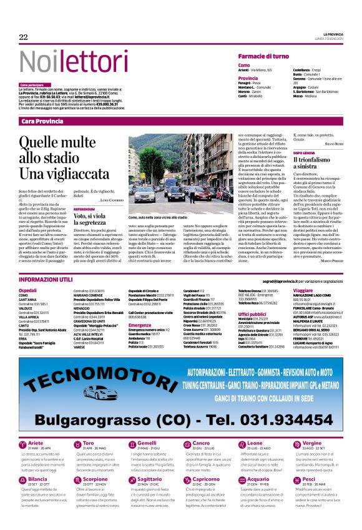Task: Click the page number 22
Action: coord(24,37)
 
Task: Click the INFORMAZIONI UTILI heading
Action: coord(46,262)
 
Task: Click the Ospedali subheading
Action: coord(28,273)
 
